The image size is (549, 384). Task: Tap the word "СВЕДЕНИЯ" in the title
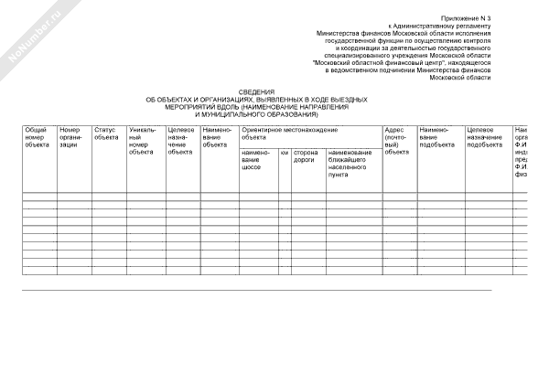[x=256, y=92]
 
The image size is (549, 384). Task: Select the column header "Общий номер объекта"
[x=36, y=137]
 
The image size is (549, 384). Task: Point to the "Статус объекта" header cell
[x=106, y=133]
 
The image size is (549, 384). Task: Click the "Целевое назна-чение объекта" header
[x=180, y=141]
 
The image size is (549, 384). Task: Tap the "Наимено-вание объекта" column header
[x=217, y=137]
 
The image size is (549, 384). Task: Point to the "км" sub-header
[x=285, y=152]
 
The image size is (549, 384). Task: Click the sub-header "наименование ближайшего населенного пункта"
[x=350, y=163]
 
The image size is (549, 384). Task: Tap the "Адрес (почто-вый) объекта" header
[x=397, y=141]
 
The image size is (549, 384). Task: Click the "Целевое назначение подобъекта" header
[x=485, y=137]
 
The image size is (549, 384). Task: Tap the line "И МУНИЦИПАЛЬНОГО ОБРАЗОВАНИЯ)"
[x=257, y=114]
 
